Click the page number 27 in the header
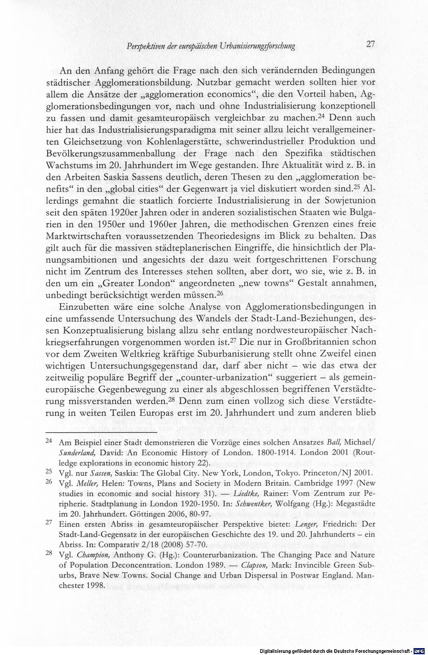click(370, 44)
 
